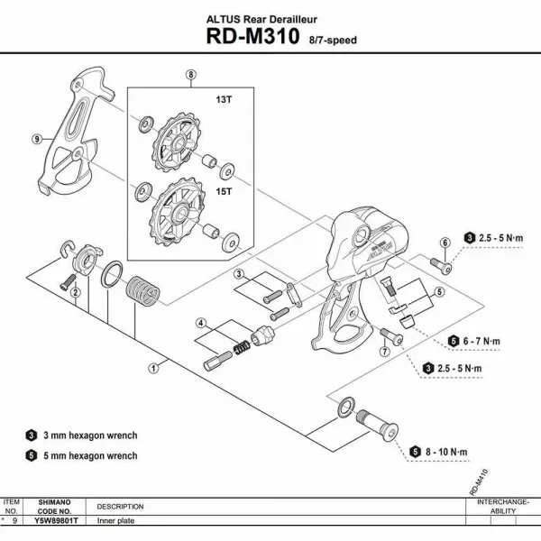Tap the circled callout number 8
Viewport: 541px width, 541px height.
[190, 75]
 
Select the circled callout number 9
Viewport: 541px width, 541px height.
[37, 139]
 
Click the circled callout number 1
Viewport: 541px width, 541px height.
[154, 367]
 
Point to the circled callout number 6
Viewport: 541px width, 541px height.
[445, 243]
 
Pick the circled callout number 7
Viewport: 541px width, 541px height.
[383, 353]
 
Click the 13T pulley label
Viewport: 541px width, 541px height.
[222, 101]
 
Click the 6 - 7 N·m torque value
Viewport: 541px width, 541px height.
[482, 341]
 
